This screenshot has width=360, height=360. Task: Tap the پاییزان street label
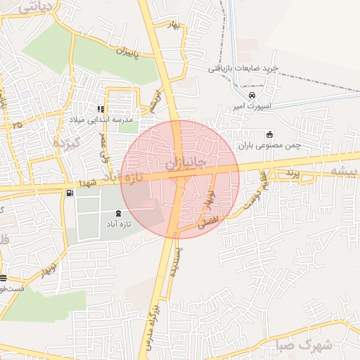134,52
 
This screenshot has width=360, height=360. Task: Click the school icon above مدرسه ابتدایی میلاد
101,110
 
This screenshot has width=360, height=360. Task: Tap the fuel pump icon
69,193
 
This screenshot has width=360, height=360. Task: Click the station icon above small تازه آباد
117,213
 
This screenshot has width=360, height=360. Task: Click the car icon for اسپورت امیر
252,95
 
